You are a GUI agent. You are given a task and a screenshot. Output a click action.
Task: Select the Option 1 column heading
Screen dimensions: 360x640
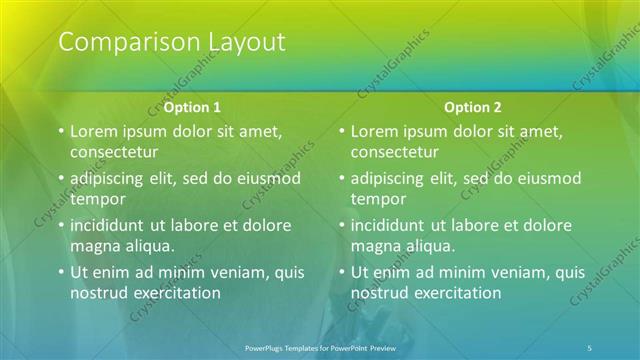193,107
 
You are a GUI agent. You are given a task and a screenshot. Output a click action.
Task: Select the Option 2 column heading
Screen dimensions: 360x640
474,107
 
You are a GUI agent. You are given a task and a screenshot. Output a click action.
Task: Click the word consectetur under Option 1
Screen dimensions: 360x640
114,152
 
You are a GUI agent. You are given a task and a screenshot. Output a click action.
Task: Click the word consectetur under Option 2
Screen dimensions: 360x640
394,152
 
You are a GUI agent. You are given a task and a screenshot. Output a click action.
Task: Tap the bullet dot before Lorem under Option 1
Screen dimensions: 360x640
60,131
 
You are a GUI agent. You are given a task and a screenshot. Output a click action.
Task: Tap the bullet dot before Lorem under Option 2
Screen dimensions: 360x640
341,131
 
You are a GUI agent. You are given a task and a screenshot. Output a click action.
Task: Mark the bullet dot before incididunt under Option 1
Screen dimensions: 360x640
60,225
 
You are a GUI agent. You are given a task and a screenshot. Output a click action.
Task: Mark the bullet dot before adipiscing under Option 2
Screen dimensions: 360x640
341,178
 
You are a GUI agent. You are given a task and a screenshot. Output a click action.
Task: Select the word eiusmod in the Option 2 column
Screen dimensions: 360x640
549,178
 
